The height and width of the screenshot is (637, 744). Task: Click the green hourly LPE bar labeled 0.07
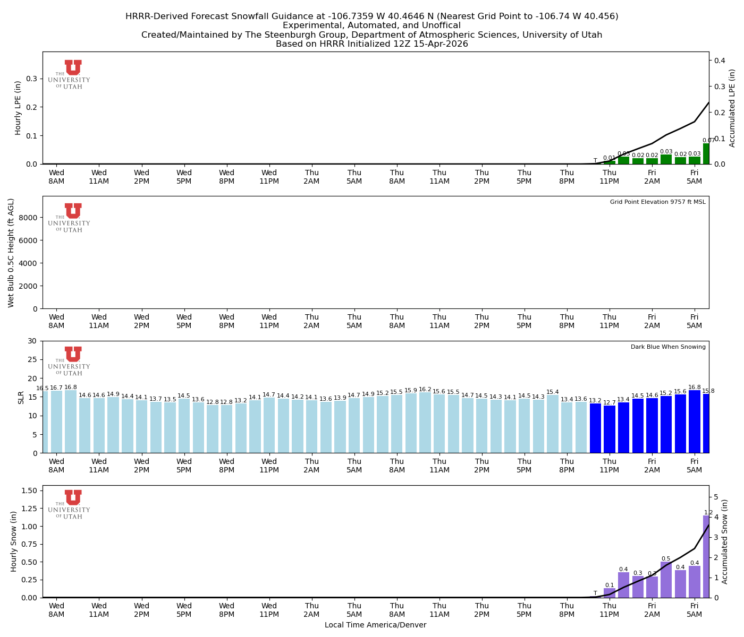706,154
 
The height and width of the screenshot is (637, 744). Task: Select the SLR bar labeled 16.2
425,423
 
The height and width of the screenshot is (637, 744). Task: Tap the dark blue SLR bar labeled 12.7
610,429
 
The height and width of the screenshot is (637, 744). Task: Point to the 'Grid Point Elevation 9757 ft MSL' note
657,202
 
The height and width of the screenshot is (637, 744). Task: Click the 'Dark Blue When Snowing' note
668,347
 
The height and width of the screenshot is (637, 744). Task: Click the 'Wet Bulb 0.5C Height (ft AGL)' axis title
11,253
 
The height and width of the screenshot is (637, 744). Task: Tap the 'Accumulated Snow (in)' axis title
725,541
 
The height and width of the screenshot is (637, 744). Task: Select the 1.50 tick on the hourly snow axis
29,490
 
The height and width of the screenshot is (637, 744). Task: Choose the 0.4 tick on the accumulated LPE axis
720,61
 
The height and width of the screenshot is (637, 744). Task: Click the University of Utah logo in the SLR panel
70,360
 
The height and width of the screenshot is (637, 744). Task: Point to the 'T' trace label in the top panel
595,160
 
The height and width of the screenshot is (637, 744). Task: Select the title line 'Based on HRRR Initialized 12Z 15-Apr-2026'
371,44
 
